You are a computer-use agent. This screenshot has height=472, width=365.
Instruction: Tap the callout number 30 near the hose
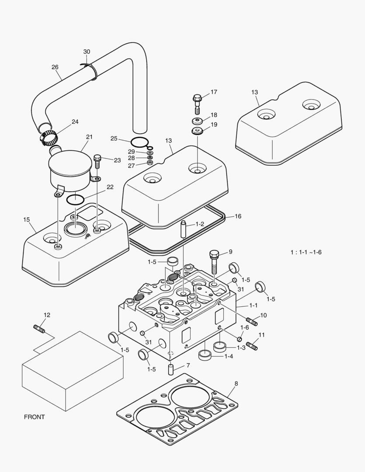[x=87, y=52]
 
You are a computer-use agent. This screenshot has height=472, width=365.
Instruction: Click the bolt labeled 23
[x=97, y=161]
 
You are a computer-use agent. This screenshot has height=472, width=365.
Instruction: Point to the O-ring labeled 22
[x=75, y=199]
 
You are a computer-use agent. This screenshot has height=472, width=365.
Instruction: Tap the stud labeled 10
[x=252, y=322]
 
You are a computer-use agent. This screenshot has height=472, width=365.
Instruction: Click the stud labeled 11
[x=252, y=346]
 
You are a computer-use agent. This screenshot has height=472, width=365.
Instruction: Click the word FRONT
[x=34, y=417]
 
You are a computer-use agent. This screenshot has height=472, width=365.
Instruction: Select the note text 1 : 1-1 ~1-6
[x=306, y=252]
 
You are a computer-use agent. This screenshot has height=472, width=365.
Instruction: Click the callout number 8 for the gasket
[x=236, y=384]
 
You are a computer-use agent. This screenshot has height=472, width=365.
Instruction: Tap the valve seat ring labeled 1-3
[x=219, y=347]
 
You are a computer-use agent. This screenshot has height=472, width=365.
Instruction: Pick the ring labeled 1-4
[x=205, y=355]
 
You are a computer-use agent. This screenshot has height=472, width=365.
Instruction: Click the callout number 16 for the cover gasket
[x=238, y=216]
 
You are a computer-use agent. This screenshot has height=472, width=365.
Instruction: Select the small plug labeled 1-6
[x=240, y=339]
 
